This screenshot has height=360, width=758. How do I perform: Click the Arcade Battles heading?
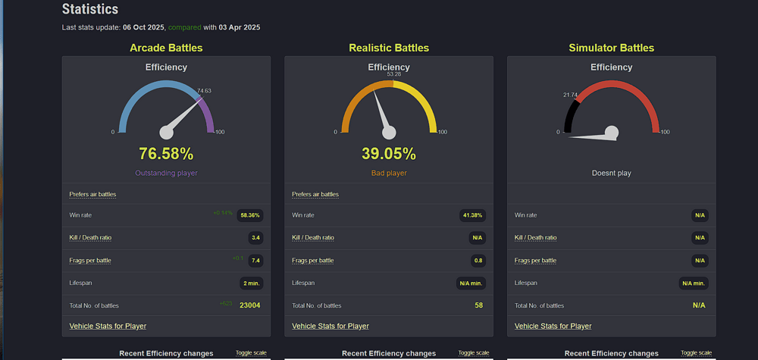166,48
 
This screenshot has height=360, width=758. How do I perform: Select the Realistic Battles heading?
389,48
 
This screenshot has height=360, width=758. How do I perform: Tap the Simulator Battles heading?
611,48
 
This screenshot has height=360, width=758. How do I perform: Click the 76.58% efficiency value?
166,154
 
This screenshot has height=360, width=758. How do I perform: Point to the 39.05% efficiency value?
389,154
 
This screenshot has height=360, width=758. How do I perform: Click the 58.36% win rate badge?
250,215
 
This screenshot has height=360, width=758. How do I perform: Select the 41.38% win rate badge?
472,215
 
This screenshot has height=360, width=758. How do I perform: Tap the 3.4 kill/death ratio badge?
256,238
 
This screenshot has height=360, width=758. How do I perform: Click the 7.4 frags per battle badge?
256,261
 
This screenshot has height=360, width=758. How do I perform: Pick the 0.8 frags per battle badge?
478,261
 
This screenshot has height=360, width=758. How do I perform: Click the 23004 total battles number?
250,305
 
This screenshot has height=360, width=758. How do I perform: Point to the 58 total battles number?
478,305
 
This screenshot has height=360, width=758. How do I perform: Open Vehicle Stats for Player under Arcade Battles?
108,326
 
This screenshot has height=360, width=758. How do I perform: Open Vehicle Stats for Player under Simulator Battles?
553,326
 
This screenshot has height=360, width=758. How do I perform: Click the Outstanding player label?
166,174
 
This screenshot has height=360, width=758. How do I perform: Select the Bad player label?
389,174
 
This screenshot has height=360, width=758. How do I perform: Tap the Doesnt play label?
611,174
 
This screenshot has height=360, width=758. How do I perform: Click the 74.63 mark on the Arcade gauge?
204,91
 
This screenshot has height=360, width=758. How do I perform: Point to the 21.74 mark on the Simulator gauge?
570,95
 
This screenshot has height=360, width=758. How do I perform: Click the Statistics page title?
89,10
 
